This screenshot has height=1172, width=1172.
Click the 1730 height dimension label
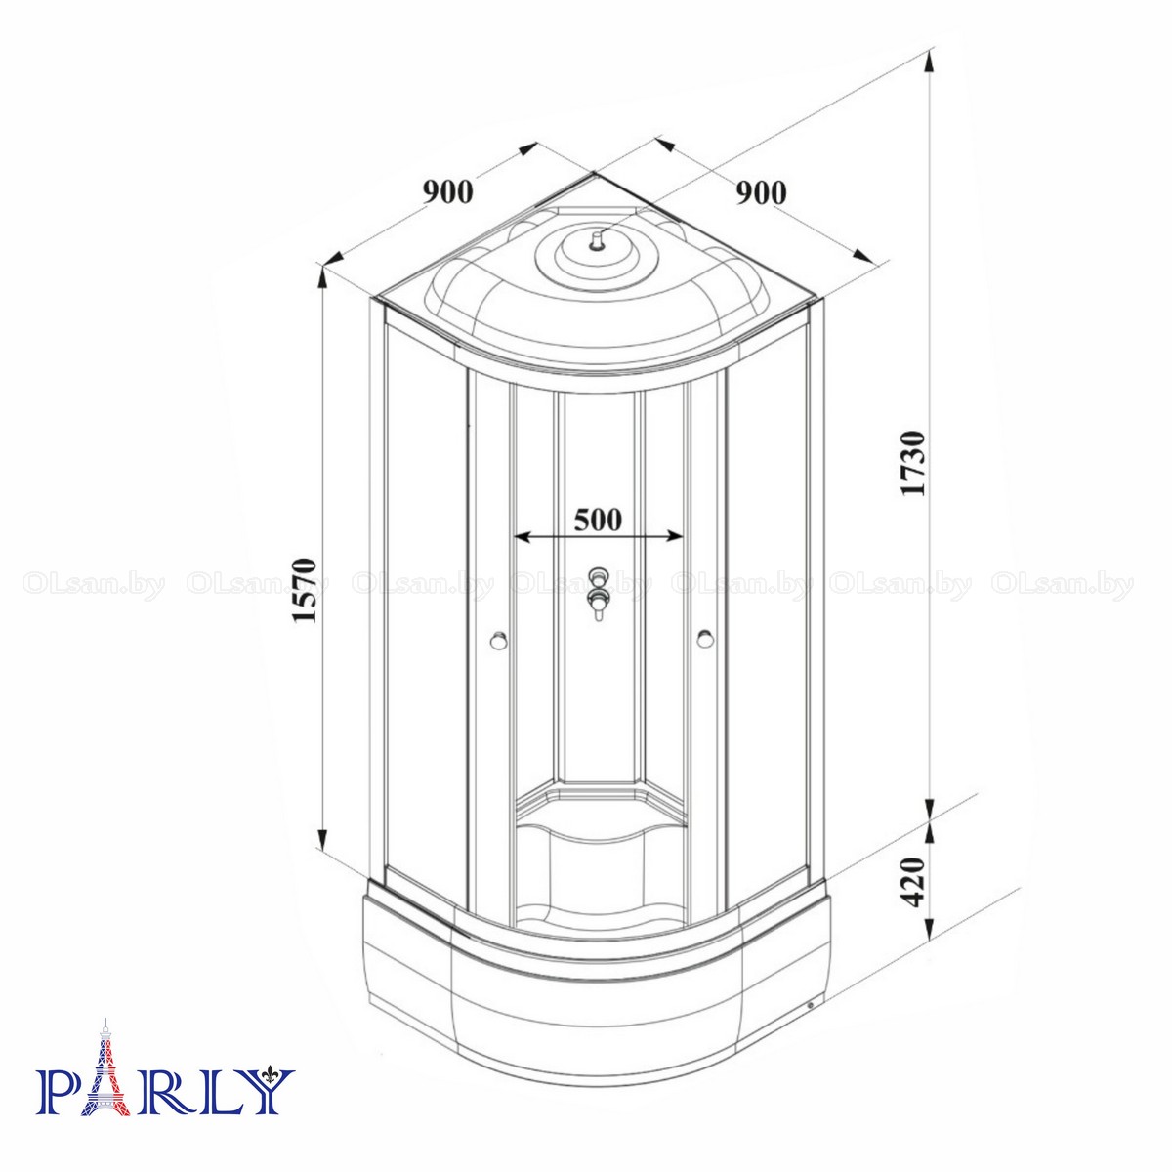913,464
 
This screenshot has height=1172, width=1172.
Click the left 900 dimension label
447,192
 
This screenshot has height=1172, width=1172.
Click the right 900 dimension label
761,192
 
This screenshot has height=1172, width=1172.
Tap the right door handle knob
705,639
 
